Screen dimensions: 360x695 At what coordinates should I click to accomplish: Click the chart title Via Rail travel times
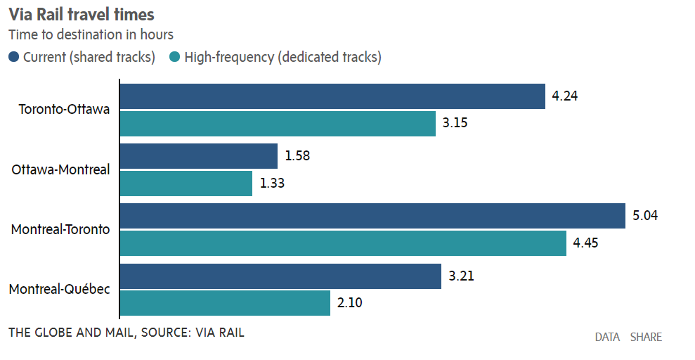tap(82, 14)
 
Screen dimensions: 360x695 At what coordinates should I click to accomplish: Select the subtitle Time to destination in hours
tap(91, 34)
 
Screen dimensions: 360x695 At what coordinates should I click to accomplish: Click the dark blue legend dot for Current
tap(14, 57)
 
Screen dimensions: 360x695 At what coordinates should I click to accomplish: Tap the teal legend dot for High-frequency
tap(175, 57)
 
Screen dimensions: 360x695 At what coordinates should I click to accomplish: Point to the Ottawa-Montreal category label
tap(61, 169)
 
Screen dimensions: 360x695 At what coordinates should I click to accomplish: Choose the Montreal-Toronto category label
tap(60, 229)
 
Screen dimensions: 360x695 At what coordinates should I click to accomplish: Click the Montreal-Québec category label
tap(60, 289)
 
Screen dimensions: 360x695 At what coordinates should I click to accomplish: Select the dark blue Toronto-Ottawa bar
tap(333, 96)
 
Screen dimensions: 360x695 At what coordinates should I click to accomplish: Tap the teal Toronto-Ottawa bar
tap(278, 124)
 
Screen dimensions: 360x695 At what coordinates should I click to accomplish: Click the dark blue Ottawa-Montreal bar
tap(199, 156)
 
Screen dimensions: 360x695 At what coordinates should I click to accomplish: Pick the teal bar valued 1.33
tap(186, 184)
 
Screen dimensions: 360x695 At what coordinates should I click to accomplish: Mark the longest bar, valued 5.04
tap(372, 216)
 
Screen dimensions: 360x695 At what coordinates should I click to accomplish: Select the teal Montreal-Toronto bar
tap(343, 244)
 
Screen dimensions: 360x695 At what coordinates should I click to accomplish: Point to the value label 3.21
tap(462, 276)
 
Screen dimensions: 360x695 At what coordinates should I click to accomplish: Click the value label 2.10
tap(351, 303)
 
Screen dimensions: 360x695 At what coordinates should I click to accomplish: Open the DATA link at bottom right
tap(607, 337)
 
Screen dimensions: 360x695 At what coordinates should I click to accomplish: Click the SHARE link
tap(646, 337)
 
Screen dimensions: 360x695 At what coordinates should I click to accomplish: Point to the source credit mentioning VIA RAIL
tap(126, 332)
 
